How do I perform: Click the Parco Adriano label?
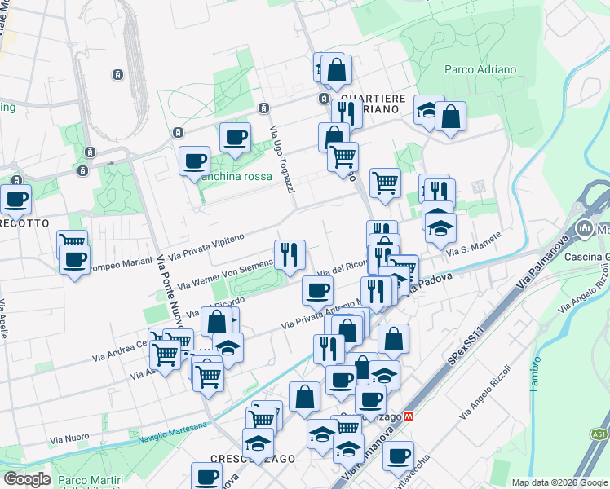[x=480, y=70]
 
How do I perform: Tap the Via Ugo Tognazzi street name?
[x=281, y=160]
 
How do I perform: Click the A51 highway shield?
[x=599, y=434]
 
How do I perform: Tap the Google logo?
[x=27, y=479]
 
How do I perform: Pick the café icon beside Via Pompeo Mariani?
[x=75, y=260]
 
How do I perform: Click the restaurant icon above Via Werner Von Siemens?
[x=290, y=255]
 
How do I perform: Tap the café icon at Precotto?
[x=15, y=198]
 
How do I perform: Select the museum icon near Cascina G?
[x=585, y=230]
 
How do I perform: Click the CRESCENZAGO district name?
[x=252, y=459]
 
